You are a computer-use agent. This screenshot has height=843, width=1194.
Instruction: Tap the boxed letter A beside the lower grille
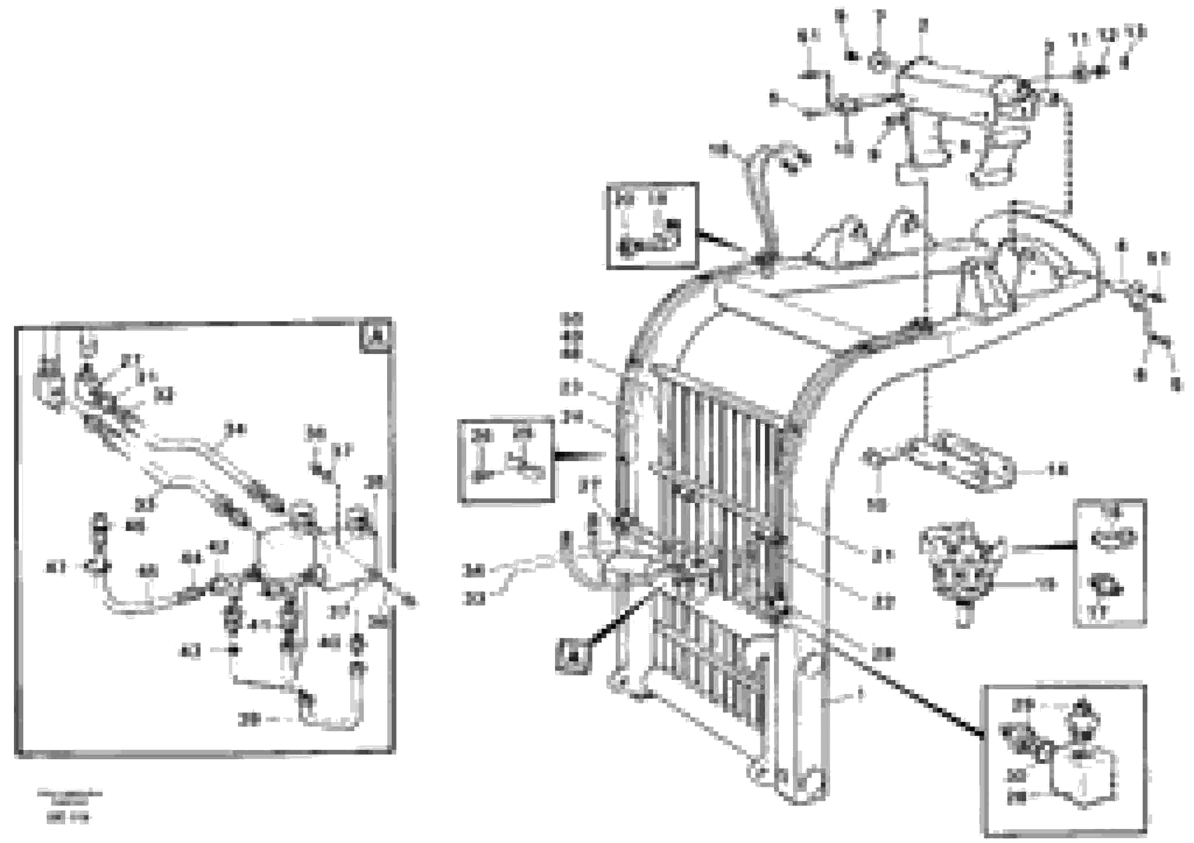tap(573, 657)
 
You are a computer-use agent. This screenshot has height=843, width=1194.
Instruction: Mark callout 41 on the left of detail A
tap(56, 567)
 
